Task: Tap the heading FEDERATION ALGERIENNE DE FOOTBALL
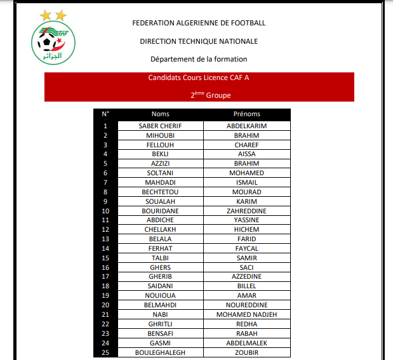click(199, 23)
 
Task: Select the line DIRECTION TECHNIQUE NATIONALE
click(199, 41)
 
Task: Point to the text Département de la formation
click(199, 59)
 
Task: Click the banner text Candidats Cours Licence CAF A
click(199, 79)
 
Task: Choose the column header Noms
click(161, 114)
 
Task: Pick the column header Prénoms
click(246, 114)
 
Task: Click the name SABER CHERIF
click(161, 126)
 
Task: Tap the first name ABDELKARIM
click(246, 126)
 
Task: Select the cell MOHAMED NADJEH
click(246, 314)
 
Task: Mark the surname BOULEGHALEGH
click(161, 352)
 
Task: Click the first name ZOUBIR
click(246, 352)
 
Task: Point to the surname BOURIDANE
click(161, 211)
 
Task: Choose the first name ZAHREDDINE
click(246, 211)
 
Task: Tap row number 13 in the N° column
click(105, 239)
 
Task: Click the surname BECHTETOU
click(161, 192)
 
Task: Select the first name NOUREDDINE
click(246, 305)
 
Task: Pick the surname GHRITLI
click(161, 324)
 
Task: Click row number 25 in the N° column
click(105, 352)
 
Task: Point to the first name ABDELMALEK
click(246, 343)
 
